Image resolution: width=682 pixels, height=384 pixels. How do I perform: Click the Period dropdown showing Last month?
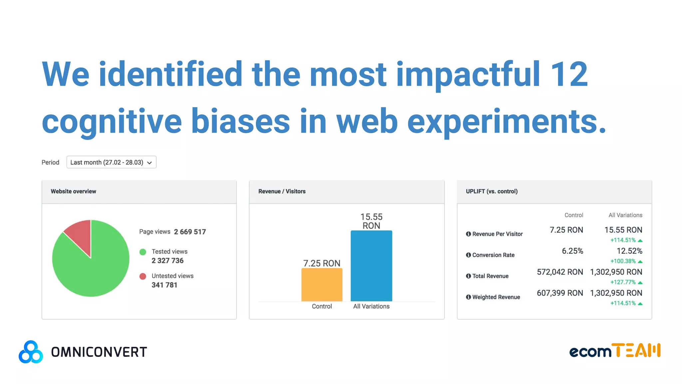tap(111, 162)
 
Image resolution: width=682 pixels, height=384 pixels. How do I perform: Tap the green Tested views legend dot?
tap(143, 252)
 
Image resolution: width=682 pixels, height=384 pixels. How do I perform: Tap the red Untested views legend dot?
tap(143, 276)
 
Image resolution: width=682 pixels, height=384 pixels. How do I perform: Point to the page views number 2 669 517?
tap(190, 232)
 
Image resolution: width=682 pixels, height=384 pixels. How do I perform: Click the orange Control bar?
tap(322, 285)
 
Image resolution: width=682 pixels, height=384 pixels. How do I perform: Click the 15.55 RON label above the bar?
tap(371, 221)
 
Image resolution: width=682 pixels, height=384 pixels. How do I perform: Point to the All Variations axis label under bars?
tap(371, 306)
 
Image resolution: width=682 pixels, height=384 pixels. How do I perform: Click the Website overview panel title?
tap(73, 191)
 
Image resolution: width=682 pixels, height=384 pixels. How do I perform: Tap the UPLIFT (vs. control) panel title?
tap(492, 191)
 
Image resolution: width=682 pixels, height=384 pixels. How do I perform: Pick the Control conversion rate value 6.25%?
tap(572, 251)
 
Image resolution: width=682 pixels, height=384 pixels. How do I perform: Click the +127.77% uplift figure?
tap(623, 282)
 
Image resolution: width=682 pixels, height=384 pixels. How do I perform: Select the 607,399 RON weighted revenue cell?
tap(560, 293)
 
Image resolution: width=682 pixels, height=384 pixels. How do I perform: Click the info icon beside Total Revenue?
tap(468, 276)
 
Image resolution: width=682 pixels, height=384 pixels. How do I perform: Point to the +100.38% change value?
tap(623, 261)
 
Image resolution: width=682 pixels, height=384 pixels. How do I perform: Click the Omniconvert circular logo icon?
tap(31, 352)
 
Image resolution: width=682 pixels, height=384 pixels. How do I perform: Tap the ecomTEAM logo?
tap(615, 351)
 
